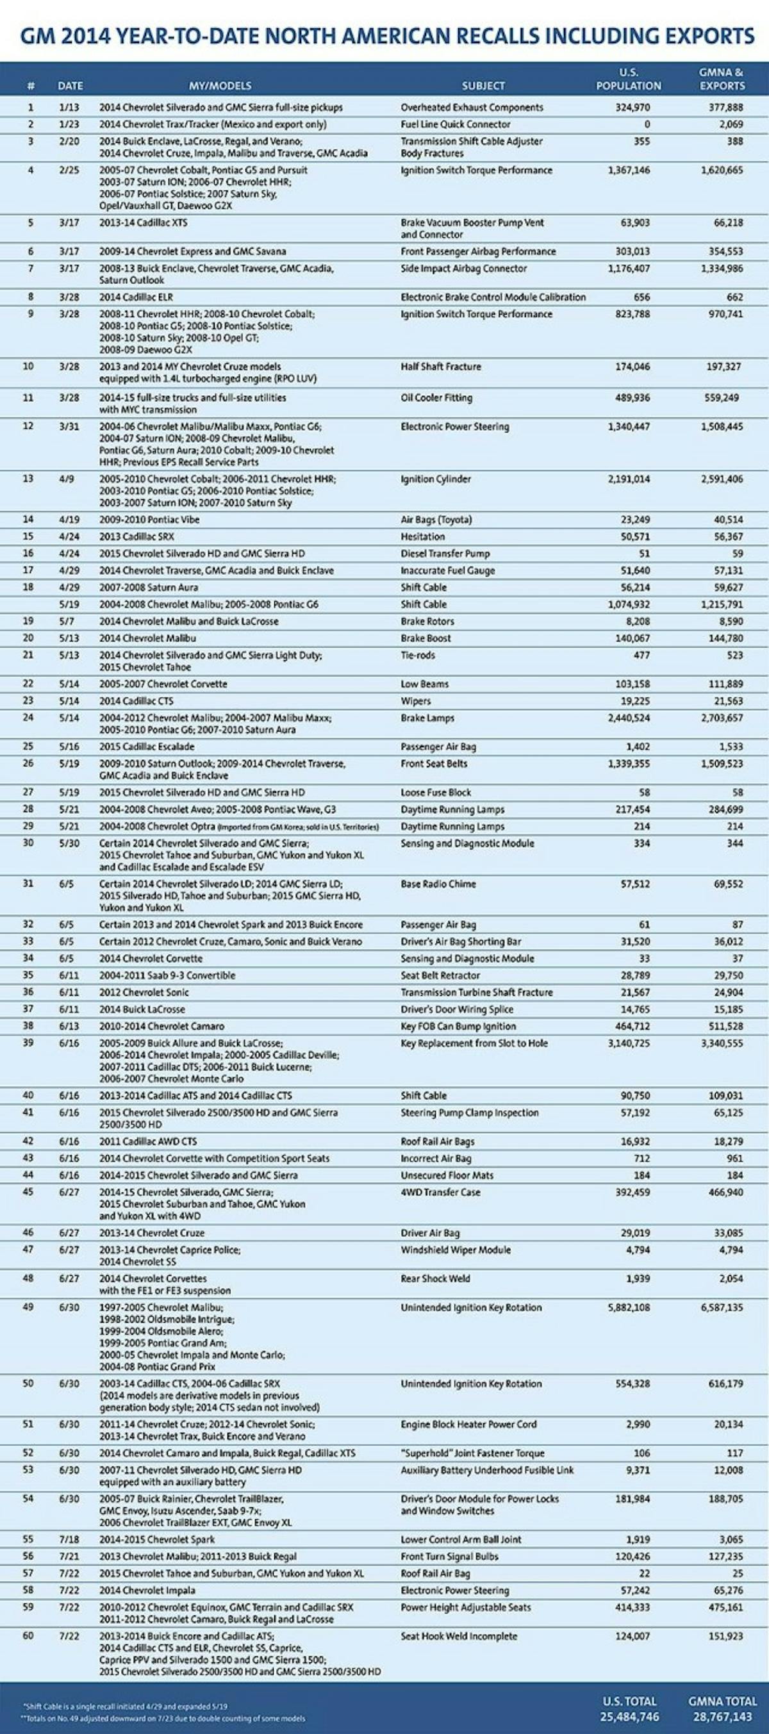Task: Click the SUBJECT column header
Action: [x=483, y=86]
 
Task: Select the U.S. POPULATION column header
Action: [x=628, y=79]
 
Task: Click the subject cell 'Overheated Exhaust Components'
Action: [x=472, y=108]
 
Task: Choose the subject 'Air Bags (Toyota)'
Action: [x=436, y=520]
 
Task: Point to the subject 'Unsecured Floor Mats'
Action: [x=447, y=1175]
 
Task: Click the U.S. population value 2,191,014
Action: [x=629, y=479]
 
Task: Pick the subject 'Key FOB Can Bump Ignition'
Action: [x=458, y=1027]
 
